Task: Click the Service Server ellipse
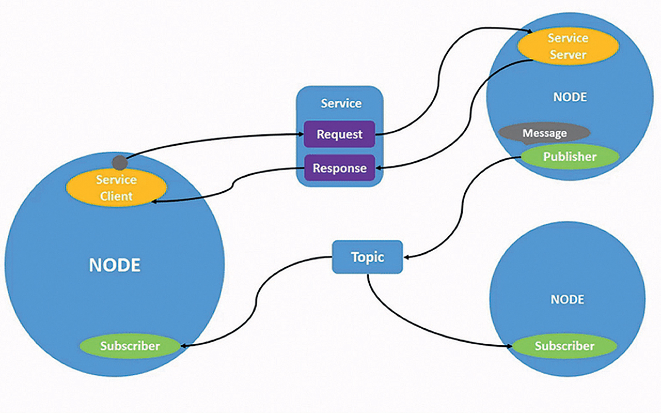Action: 568,46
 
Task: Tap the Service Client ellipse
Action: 116,188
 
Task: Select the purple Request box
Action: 339,134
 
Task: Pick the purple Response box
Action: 339,168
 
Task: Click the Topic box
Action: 367,257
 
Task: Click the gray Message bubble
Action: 544,133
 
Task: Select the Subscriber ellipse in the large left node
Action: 130,346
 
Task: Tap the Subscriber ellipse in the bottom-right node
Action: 564,346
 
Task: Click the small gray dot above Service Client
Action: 120,163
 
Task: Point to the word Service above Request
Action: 341,103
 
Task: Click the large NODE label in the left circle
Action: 115,265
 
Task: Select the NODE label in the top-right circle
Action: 570,97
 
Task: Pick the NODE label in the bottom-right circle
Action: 568,300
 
